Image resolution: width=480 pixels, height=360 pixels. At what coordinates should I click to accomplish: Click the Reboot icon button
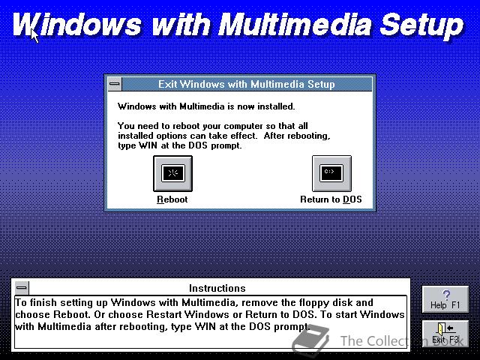click(172, 173)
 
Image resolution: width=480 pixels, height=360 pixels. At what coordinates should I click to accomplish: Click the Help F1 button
click(445, 299)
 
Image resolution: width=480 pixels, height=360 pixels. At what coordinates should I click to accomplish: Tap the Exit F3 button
click(445, 333)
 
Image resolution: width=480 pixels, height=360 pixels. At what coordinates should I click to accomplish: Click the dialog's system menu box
click(115, 84)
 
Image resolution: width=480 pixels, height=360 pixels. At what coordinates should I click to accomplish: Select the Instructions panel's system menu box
click(22, 288)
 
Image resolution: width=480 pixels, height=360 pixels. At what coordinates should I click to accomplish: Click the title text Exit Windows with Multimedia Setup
click(247, 84)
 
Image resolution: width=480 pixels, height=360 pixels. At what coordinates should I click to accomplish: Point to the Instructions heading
click(217, 288)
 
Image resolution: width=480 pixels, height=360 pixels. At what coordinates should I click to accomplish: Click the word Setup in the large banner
click(421, 25)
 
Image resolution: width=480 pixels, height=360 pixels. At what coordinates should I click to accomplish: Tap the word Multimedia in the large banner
click(295, 24)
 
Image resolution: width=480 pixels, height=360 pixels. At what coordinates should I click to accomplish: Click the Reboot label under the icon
click(172, 199)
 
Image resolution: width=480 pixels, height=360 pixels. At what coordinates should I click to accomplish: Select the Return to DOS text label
click(331, 199)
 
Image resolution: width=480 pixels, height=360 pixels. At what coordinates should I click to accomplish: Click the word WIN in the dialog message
click(148, 145)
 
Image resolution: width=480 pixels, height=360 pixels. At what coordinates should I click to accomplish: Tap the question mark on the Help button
click(446, 295)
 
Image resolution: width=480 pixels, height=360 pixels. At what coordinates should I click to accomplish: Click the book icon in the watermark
click(311, 340)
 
